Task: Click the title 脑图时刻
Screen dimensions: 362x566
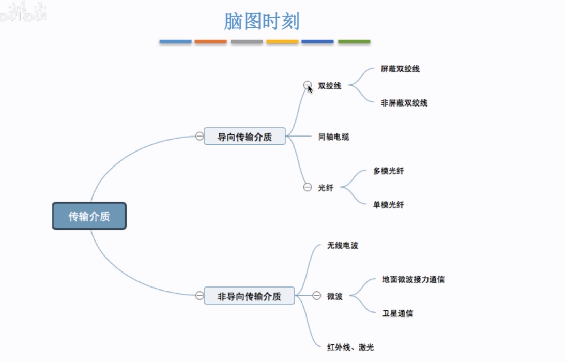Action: [262, 22]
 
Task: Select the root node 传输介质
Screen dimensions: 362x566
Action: [89, 216]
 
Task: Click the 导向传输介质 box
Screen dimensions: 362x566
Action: [244, 137]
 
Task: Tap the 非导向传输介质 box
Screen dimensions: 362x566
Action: [249, 296]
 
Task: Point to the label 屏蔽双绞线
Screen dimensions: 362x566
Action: [400, 69]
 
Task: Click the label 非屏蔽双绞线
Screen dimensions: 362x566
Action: [404, 103]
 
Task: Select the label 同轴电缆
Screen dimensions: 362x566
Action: [334, 137]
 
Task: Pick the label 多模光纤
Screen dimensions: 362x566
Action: [389, 171]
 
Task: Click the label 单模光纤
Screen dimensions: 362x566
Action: [389, 205]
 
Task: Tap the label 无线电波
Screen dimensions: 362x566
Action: [343, 246]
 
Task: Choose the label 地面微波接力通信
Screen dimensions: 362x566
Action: [414, 279]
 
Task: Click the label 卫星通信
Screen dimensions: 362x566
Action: [397, 313]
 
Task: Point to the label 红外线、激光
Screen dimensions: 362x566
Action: [350, 348]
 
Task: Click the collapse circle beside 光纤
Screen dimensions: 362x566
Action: [308, 187]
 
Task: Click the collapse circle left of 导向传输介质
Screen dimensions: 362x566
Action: [200, 136]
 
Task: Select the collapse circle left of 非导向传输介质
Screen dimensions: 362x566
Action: [200, 295]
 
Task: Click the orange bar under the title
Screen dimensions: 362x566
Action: [211, 41]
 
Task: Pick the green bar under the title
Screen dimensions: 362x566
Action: [354, 41]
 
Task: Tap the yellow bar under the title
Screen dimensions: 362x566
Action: [282, 41]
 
